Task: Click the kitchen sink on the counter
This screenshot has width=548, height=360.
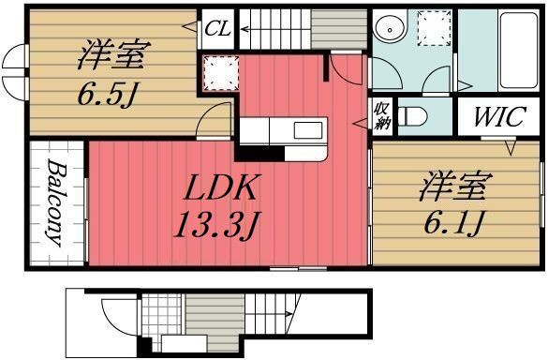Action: (x=306, y=129)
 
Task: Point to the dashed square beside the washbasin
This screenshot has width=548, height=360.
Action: (x=435, y=27)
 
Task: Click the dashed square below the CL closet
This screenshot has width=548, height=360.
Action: (x=217, y=71)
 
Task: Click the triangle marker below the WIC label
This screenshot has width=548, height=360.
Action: (x=511, y=148)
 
